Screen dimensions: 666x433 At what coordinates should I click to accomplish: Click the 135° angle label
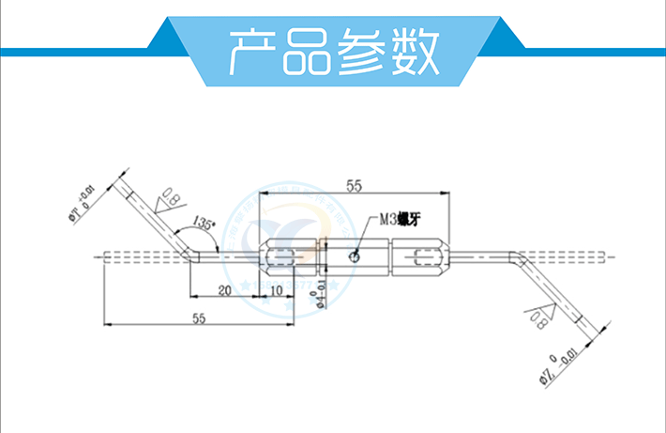pyautogui.click(x=204, y=223)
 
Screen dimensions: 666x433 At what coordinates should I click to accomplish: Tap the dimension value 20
pyautogui.click(x=225, y=290)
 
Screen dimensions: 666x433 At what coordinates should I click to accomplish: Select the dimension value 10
pyautogui.click(x=277, y=290)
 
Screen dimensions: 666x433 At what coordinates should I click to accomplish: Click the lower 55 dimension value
pyautogui.click(x=197, y=317)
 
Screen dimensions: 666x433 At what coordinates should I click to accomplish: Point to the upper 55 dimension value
pyautogui.click(x=354, y=186)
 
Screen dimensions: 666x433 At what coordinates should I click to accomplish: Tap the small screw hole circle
pyautogui.click(x=353, y=255)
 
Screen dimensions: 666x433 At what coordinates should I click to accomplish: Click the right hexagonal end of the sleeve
pyautogui.click(x=431, y=255)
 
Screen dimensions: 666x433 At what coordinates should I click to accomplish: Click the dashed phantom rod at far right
pyautogui.click(x=591, y=255)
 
